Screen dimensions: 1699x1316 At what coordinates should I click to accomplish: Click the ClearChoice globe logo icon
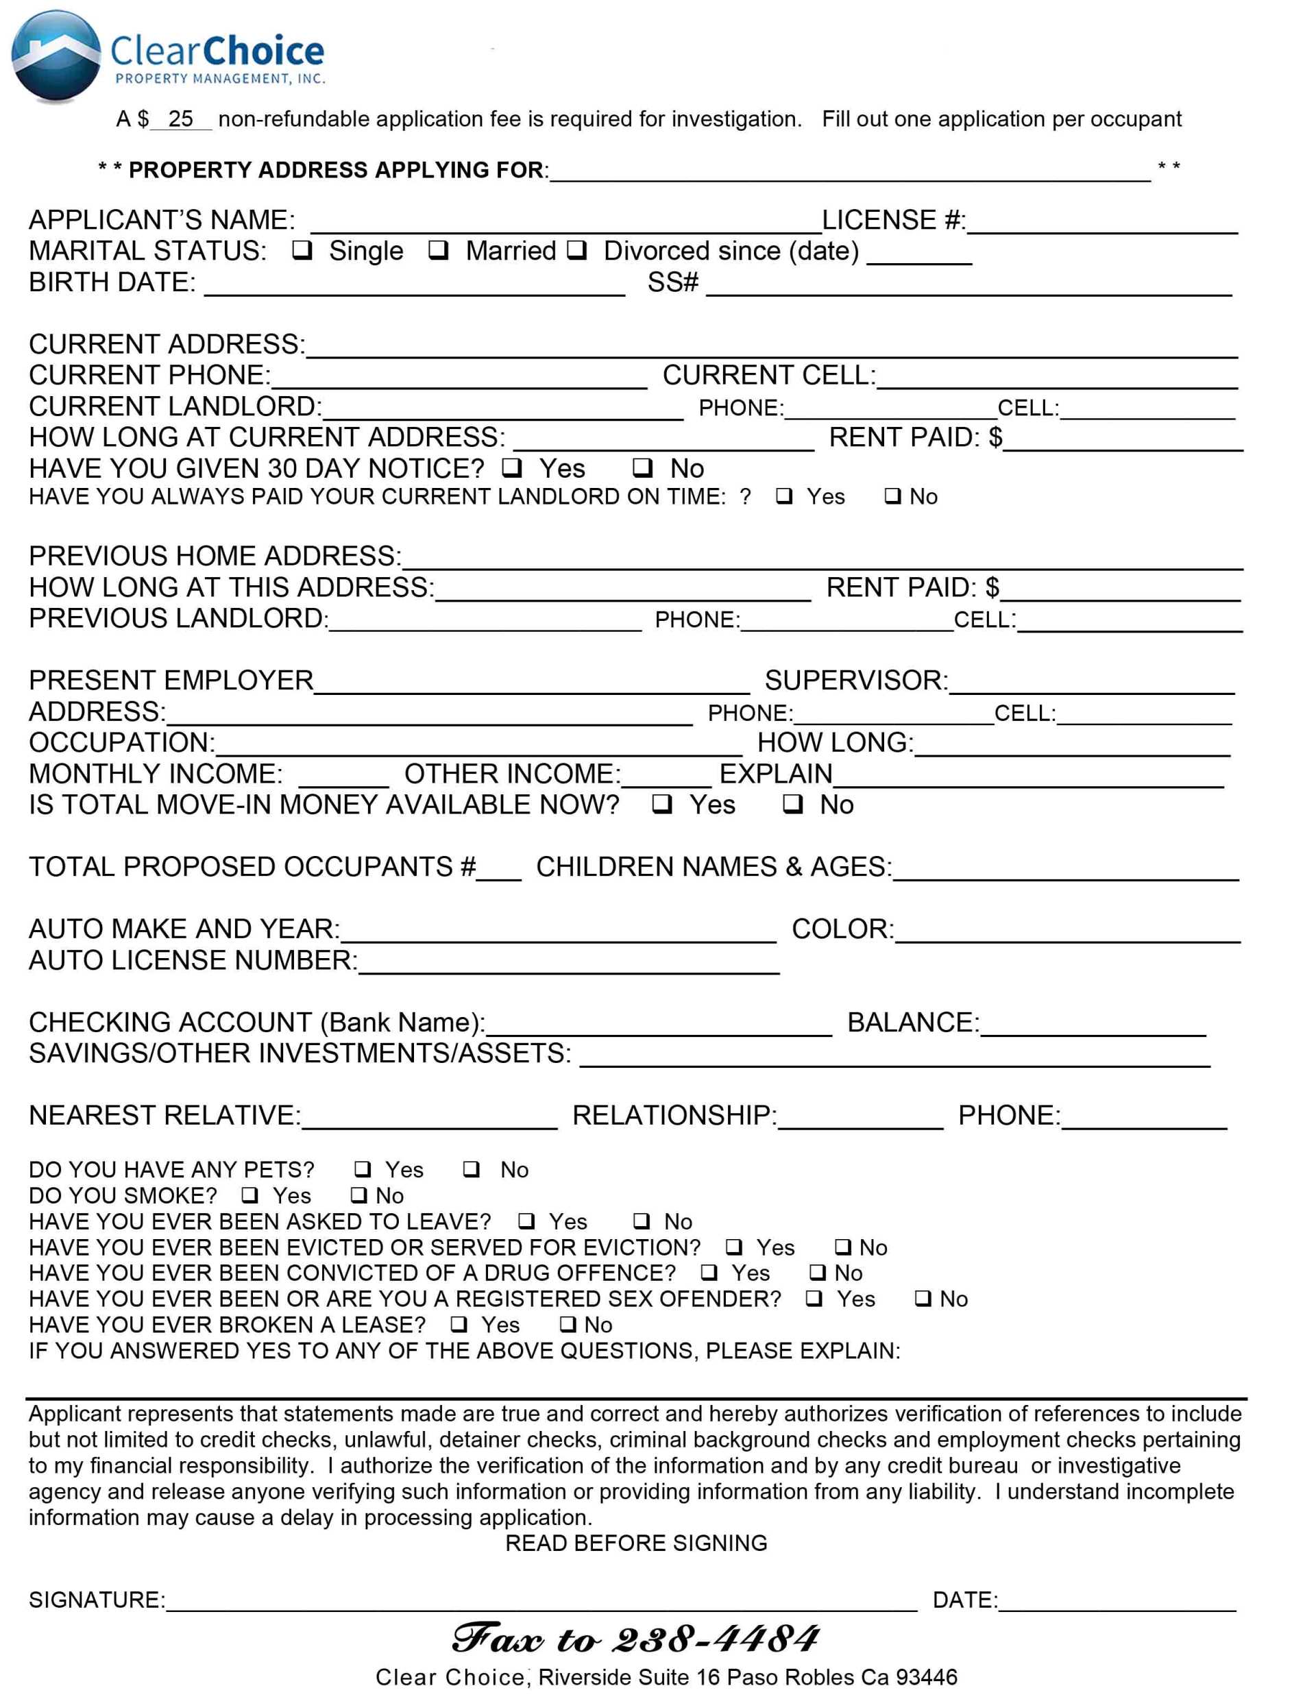tap(56, 56)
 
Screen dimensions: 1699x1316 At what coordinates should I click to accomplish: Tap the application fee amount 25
tap(180, 119)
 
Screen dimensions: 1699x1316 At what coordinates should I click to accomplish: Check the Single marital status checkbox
tap(302, 250)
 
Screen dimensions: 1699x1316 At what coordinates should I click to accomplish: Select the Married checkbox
tap(439, 250)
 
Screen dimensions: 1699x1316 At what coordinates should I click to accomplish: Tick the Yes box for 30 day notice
tap(512, 468)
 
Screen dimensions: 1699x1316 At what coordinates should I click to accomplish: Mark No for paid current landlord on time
tap(893, 496)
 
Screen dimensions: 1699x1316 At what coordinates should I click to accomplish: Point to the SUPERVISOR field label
tap(855, 681)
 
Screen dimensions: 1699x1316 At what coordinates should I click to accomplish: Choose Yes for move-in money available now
tap(663, 805)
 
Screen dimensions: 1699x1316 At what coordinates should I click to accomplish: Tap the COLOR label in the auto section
tap(842, 929)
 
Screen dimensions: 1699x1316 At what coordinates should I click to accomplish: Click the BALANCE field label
tap(912, 1022)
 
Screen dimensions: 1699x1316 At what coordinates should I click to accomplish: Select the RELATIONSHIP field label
tap(674, 1116)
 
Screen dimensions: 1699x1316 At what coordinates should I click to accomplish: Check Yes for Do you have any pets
tap(363, 1169)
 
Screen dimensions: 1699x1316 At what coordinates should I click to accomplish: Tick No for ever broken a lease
tap(569, 1324)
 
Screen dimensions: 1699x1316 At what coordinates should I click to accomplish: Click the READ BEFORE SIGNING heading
tap(635, 1543)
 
